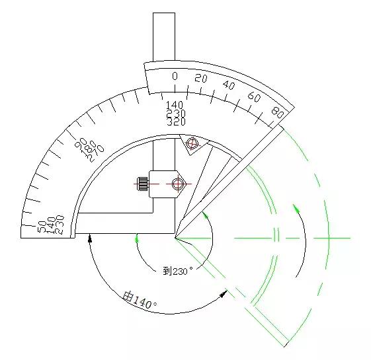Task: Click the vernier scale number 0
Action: tap(175, 76)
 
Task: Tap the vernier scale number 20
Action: tap(201, 78)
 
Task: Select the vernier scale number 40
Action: tap(229, 85)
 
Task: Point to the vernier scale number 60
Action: tap(254, 96)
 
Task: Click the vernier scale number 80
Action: tap(277, 112)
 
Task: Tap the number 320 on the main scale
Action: tap(177, 122)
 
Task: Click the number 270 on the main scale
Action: tap(96, 153)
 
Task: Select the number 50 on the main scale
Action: tap(42, 227)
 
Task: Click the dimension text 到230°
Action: tap(178, 271)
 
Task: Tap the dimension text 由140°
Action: tap(140, 300)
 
